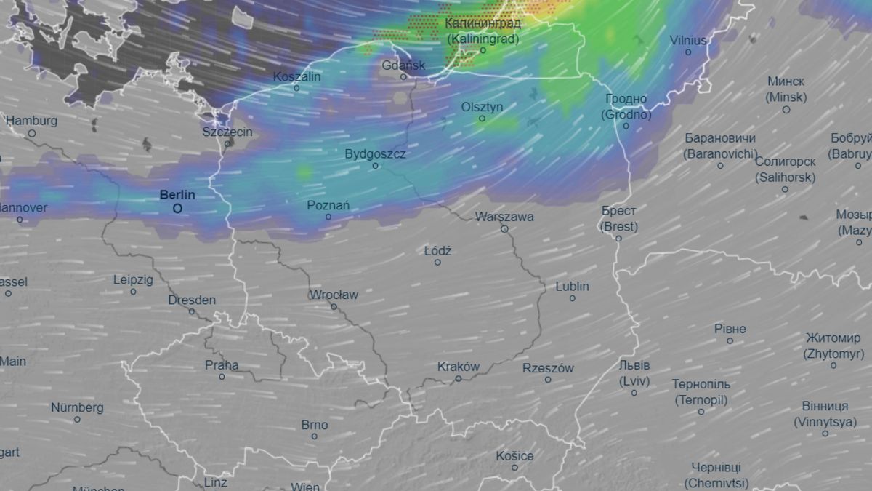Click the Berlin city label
(x=177, y=195)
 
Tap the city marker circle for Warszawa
(x=504, y=229)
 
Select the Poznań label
(x=328, y=206)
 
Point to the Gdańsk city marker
(x=404, y=76)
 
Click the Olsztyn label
(x=482, y=107)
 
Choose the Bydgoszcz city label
(x=375, y=154)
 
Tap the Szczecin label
(x=227, y=132)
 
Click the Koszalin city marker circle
(x=296, y=88)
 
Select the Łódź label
(x=437, y=251)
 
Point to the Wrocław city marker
(x=334, y=306)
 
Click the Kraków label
(x=459, y=367)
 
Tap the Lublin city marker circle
(x=573, y=298)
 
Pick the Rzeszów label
(x=548, y=368)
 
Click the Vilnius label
(x=688, y=41)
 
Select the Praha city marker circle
(x=222, y=377)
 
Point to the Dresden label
(x=192, y=300)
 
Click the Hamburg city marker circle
(x=32, y=133)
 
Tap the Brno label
(x=315, y=425)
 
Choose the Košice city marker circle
(x=514, y=468)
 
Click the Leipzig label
(x=133, y=279)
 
